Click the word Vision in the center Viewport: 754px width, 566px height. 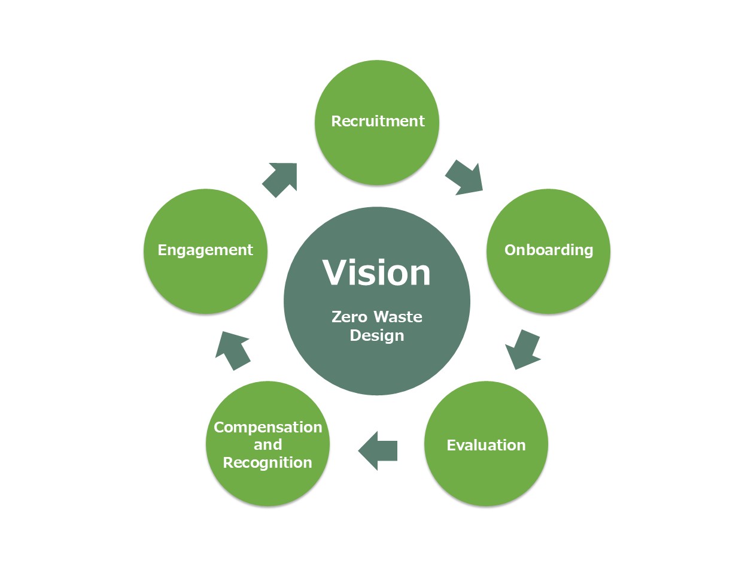tap(377, 273)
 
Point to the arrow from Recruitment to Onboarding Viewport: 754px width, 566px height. tap(464, 177)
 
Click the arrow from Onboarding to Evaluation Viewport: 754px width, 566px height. tap(522, 349)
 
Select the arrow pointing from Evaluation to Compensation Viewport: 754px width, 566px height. tap(378, 450)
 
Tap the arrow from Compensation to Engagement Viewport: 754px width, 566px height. tap(232, 350)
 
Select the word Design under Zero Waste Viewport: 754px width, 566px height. tap(377, 335)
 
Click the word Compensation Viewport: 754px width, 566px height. tap(267, 427)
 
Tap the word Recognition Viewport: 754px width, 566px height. tap(267, 462)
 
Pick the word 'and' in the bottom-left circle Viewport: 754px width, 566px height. tap(267, 444)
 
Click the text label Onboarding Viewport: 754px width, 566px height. tap(549, 250)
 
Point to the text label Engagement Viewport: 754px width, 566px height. tap(205, 250)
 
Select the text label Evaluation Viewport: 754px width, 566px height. tap(486, 445)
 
